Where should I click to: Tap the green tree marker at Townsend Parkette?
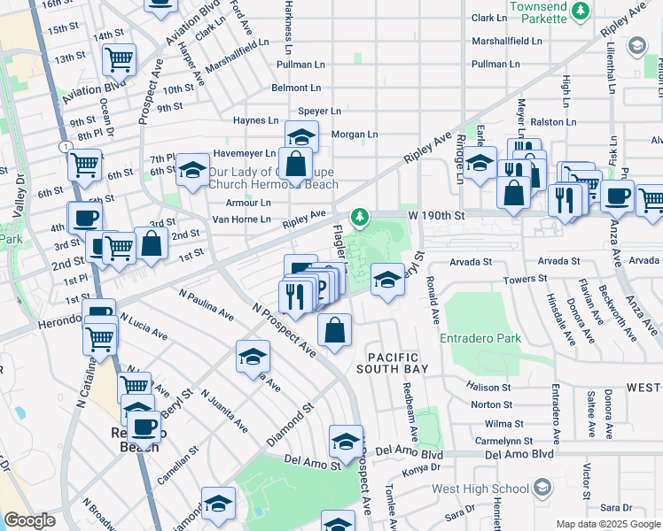581,11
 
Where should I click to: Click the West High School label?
480,489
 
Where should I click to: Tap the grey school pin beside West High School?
542,487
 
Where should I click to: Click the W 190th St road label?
436,215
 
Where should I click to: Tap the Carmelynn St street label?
503,440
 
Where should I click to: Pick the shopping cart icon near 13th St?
118,59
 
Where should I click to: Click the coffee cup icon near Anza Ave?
617,195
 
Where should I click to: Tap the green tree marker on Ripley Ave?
359,216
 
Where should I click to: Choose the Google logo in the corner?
29,521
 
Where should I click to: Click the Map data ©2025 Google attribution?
607,524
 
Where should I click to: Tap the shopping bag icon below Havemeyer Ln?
296,164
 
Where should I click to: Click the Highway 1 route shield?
65,145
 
